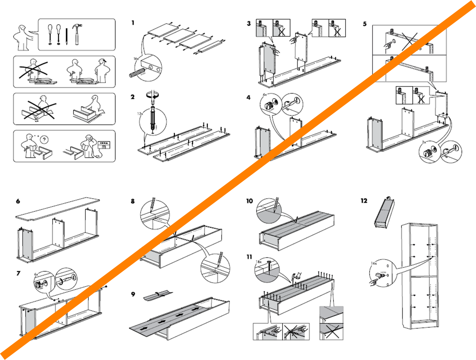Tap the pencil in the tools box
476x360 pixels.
67,36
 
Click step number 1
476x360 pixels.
133,23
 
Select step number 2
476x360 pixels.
133,97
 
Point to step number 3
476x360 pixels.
249,23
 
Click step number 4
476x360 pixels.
249,97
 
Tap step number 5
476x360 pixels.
365,24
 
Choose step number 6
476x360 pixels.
18,201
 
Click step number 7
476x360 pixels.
18,273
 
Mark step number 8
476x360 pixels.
133,201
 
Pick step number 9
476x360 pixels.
133,294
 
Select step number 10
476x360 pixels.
249,201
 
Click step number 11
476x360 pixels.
249,257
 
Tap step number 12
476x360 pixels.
364,201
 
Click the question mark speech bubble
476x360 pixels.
45,139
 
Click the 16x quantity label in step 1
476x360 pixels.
136,59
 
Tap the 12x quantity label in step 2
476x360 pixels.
140,113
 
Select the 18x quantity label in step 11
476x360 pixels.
259,262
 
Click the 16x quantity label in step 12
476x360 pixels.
374,263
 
